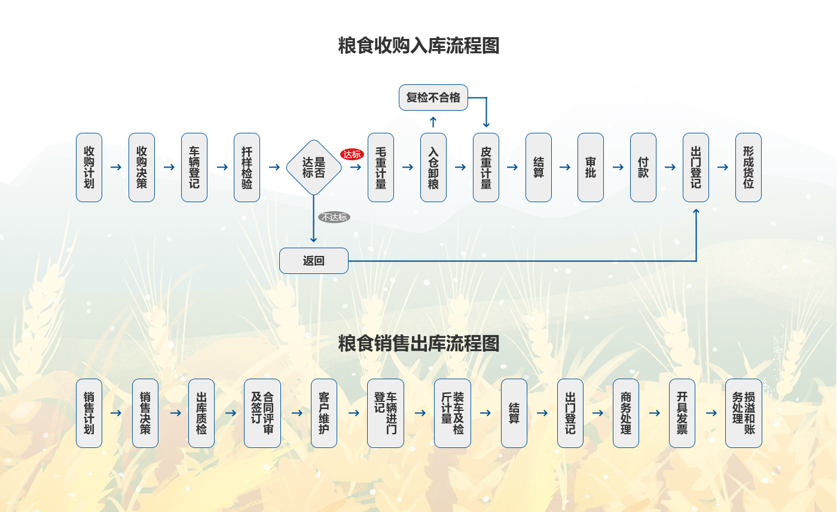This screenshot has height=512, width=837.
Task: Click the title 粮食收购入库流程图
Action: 418,45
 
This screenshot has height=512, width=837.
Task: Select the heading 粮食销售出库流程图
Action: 418,343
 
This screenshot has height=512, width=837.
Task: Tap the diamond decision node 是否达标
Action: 314,167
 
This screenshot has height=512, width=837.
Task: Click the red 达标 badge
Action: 352,154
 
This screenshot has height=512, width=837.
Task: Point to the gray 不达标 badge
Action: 334,217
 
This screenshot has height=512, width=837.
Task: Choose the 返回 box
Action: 314,261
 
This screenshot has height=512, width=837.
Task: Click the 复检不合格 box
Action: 433,97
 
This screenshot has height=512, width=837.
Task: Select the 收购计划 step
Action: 89,167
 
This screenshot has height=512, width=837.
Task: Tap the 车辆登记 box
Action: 194,167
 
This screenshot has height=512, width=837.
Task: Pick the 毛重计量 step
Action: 381,167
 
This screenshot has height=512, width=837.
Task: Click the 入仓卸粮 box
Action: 433,167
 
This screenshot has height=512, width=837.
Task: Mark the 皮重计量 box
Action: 486,167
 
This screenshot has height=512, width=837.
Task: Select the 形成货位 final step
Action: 749,167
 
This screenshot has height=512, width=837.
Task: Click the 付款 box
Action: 643,167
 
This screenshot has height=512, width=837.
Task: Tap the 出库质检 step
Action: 201,413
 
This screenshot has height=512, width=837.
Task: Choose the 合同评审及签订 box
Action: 262,413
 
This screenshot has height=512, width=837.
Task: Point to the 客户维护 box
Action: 324,413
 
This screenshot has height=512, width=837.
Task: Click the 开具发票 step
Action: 682,413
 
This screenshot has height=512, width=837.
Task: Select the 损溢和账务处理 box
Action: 744,413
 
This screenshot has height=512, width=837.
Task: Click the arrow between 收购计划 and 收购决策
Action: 115,167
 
